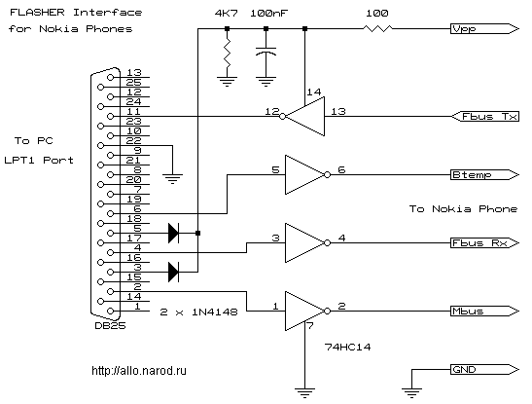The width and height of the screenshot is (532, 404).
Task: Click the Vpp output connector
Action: [485, 29]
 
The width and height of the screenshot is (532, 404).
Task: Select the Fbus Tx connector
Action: [485, 117]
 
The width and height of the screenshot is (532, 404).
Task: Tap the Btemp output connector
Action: [485, 175]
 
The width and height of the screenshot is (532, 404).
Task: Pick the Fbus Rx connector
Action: [485, 243]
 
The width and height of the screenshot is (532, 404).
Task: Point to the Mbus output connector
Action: [485, 311]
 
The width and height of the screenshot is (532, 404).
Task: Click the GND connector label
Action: [485, 369]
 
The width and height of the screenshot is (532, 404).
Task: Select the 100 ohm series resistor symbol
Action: [377, 29]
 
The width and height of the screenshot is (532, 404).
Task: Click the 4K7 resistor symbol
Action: [227, 53]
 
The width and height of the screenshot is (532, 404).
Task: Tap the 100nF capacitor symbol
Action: [266, 52]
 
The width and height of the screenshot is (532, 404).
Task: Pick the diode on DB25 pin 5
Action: [173, 233]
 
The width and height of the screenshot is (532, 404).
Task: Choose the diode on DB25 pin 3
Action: [173, 272]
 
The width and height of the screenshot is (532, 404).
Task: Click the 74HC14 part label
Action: [347, 347]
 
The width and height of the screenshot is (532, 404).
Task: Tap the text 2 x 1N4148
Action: [198, 312]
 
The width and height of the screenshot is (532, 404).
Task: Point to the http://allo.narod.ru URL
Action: [139, 370]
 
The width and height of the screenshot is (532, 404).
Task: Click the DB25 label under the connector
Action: [110, 326]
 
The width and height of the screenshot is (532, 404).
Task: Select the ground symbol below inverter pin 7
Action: [304, 392]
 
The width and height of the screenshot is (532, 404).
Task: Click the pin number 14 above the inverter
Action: [314, 92]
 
